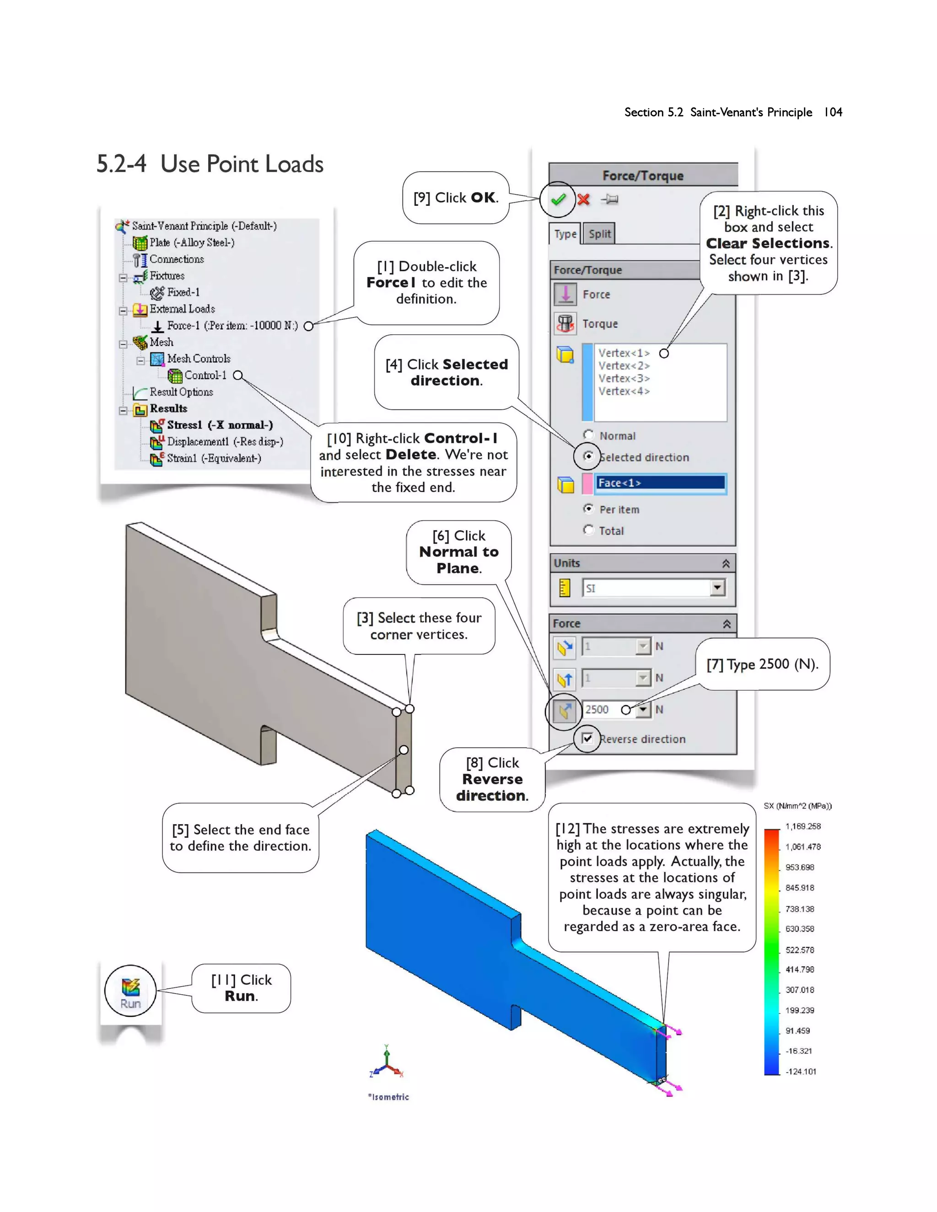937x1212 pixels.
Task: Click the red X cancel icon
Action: point(583,199)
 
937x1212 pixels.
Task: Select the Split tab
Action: point(599,234)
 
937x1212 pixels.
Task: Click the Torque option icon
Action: point(565,323)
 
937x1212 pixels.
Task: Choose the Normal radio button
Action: point(588,435)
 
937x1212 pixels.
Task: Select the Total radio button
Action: point(588,530)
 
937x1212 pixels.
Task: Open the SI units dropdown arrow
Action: point(718,588)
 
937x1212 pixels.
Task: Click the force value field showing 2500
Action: point(602,709)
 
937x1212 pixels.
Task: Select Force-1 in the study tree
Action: point(232,326)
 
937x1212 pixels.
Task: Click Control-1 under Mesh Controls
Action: point(205,375)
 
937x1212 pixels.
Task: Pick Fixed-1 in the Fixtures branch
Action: point(183,292)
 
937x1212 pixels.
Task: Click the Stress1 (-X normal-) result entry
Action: point(220,425)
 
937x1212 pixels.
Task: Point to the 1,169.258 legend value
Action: point(802,826)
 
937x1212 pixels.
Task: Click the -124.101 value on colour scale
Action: point(801,1072)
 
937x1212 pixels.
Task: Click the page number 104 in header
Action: point(833,112)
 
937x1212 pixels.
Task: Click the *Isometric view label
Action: point(388,1097)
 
